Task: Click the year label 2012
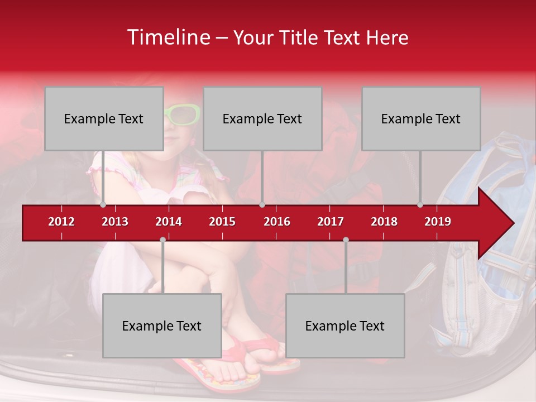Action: (x=61, y=222)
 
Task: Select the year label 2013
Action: (x=115, y=222)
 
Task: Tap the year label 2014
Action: (x=169, y=222)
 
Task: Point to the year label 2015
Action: (x=222, y=222)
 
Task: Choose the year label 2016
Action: (x=277, y=222)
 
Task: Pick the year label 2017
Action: (x=331, y=222)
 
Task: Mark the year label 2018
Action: (x=384, y=222)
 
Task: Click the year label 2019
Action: (x=438, y=222)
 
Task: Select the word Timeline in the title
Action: (x=167, y=37)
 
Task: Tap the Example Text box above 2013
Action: (x=104, y=118)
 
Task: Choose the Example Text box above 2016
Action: (x=262, y=118)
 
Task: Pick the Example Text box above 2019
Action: (x=421, y=118)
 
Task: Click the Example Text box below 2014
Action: (x=162, y=326)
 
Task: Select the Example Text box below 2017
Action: (x=345, y=326)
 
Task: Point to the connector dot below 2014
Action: (x=162, y=240)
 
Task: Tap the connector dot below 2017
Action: (x=346, y=240)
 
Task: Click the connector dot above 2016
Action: (x=262, y=205)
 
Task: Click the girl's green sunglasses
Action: (x=183, y=115)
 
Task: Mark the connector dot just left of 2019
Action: (x=420, y=205)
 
